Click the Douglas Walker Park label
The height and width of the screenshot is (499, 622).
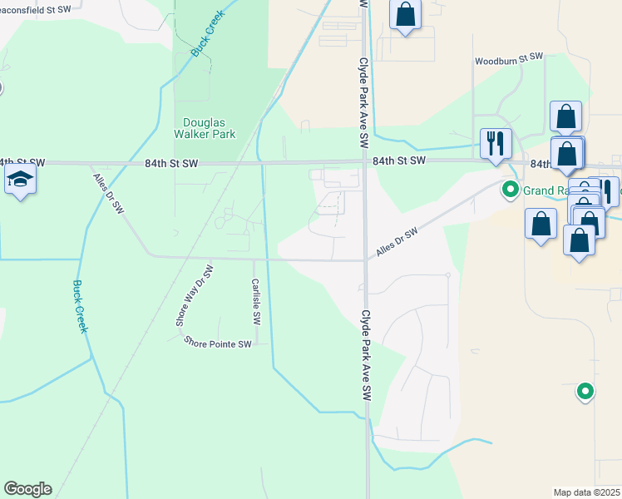pyautogui.click(x=205, y=127)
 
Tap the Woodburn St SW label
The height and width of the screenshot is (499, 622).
pyautogui.click(x=508, y=61)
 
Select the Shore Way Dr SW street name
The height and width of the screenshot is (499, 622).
pyautogui.click(x=184, y=296)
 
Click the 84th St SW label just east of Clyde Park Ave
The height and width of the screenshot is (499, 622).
pyautogui.click(x=399, y=160)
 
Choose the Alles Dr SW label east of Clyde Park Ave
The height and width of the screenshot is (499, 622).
pyautogui.click(x=397, y=243)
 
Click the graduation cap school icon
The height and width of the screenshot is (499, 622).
pyautogui.click(x=20, y=180)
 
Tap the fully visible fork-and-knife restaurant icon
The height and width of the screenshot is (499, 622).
pyautogui.click(x=496, y=143)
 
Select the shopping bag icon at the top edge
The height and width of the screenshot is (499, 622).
pyautogui.click(x=405, y=14)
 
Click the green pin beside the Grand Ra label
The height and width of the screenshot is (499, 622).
pyautogui.click(x=511, y=190)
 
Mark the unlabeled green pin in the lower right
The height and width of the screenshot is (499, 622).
pyautogui.click(x=585, y=390)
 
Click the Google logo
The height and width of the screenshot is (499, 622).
pyautogui.click(x=27, y=489)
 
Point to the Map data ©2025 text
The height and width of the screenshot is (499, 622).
pyautogui.click(x=587, y=492)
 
